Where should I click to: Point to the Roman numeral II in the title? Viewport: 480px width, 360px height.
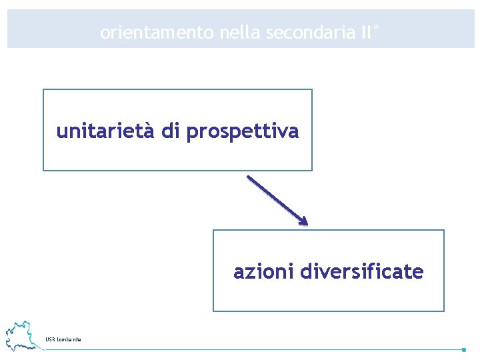[x=365, y=32]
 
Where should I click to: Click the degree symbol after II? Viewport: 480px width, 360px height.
[x=376, y=27]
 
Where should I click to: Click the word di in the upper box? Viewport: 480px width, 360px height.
[x=171, y=131]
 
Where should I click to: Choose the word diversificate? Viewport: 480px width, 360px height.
[x=362, y=272]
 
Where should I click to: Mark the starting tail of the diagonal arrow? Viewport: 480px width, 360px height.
[x=249, y=177]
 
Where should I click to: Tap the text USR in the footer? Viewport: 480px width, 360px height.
[x=50, y=340]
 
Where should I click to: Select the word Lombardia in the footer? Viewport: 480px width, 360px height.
[x=69, y=340]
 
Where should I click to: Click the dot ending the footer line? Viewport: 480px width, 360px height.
[x=463, y=349]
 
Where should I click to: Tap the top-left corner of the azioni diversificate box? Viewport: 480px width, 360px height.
[x=213, y=230]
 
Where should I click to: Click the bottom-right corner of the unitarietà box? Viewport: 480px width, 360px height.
[x=311, y=170]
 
